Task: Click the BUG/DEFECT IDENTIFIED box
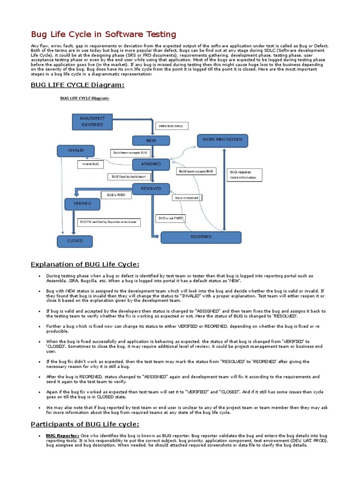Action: tap(92, 122)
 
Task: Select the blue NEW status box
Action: tap(151, 141)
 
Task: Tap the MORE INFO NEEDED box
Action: tap(222, 140)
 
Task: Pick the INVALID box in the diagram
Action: tap(75, 150)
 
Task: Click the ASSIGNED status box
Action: tap(151, 164)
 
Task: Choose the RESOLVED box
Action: tap(151, 188)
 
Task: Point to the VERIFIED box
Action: tap(82, 204)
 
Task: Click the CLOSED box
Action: tap(75, 241)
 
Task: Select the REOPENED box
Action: tap(201, 237)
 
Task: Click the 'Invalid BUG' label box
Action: tap(90, 165)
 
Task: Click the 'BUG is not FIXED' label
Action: tap(171, 218)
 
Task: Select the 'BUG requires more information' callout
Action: tap(244, 175)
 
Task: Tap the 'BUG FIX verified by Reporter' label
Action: tap(108, 222)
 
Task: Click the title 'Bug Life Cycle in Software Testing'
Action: tap(104, 35)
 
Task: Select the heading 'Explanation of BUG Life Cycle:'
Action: tap(85, 264)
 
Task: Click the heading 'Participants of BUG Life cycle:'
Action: tap(85, 424)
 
